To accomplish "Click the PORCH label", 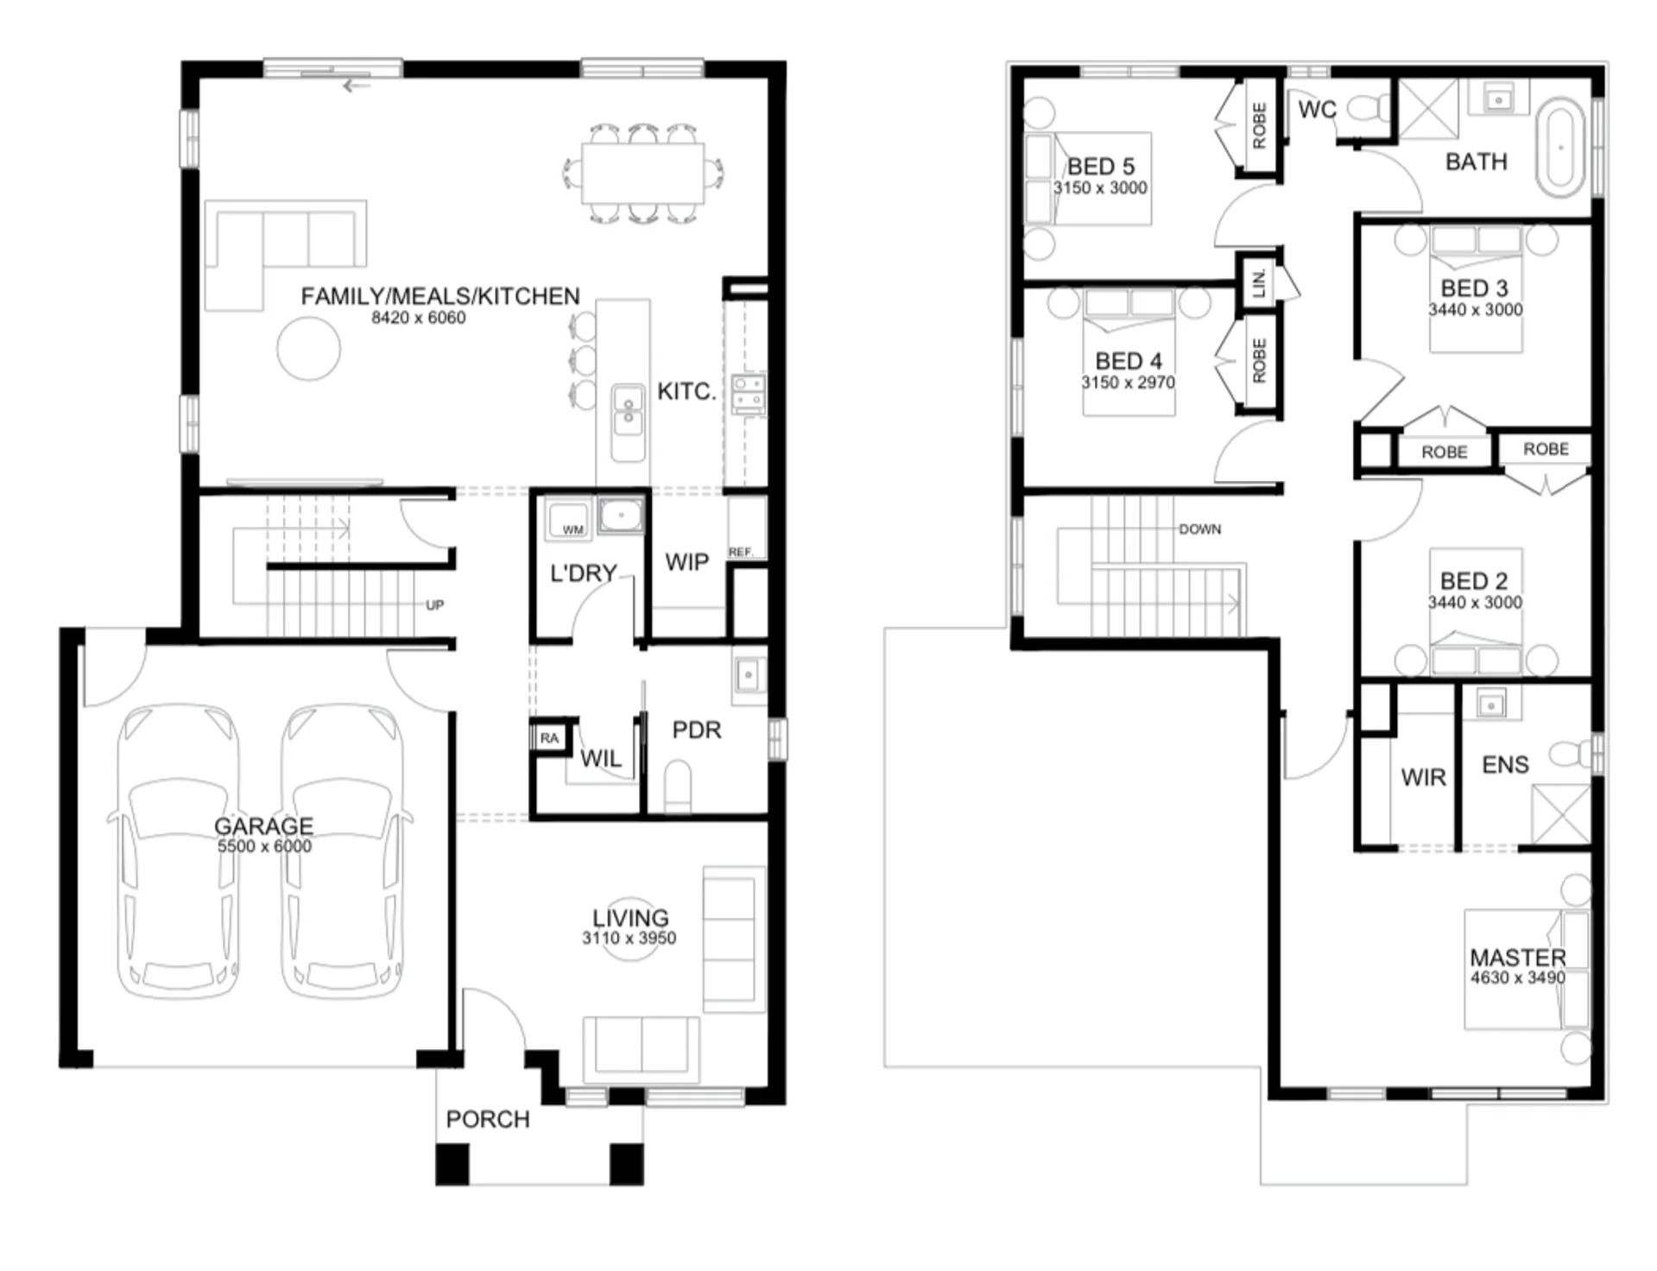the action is (488, 1119).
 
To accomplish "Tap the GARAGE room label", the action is (263, 825).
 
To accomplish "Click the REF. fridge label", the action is (741, 552).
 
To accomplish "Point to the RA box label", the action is (549, 738).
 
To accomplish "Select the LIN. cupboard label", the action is (1259, 282).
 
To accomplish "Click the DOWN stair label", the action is (1200, 529).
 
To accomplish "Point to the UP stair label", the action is (434, 605).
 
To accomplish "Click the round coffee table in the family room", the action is (308, 349).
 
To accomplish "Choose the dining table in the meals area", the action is (643, 174).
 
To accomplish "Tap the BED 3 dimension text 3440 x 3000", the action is (1475, 310).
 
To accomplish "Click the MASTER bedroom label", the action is (1517, 958).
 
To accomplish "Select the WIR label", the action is (1423, 778).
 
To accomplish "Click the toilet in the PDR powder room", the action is (678, 786).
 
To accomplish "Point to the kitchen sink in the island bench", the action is (628, 411).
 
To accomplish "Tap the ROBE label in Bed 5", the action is (1259, 125).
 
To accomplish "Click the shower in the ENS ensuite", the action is (1560, 814).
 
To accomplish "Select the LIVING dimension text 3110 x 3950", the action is (629, 939).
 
